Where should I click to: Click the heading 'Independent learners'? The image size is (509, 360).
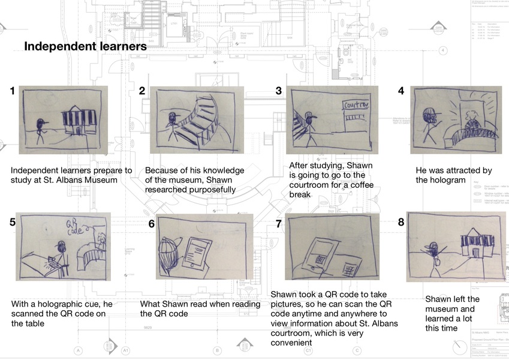(85, 46)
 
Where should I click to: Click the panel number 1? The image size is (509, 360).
(13, 91)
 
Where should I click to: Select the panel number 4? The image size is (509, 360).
(401, 91)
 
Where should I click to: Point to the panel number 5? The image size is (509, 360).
(13, 221)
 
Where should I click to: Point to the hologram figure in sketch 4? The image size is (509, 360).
(471, 119)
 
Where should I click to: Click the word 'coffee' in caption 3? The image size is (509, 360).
(354, 185)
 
